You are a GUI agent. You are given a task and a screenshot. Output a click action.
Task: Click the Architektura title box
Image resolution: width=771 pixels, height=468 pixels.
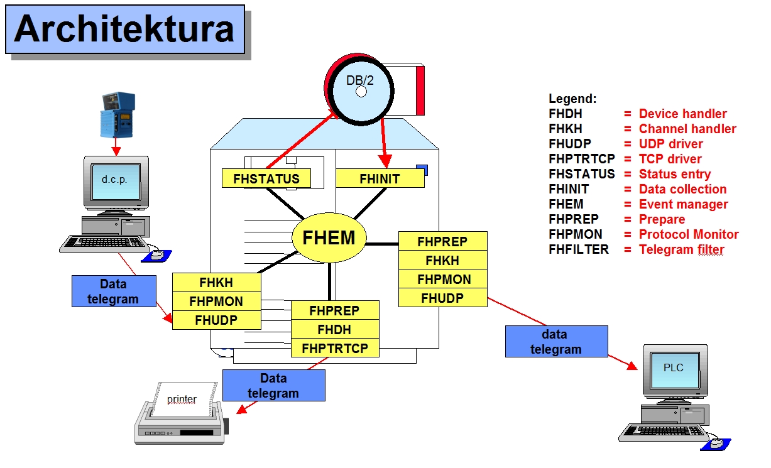[125, 30]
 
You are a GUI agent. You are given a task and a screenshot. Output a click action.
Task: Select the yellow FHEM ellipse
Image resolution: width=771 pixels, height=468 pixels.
[329, 237]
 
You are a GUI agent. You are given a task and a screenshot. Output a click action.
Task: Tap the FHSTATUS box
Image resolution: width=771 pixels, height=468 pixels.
[266, 178]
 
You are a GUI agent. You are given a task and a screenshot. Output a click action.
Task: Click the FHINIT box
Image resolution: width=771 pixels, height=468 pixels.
[380, 178]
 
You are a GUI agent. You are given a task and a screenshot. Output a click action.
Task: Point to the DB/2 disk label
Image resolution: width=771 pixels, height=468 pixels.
[359, 80]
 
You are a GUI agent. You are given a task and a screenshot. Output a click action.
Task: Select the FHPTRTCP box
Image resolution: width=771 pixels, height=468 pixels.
[336, 348]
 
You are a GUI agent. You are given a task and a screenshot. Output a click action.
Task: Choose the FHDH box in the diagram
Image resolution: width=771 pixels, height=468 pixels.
[336, 329]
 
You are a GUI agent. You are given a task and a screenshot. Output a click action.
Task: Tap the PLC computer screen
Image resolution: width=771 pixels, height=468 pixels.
[675, 370]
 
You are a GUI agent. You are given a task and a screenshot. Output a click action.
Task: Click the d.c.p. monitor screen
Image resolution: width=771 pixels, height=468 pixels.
[116, 182]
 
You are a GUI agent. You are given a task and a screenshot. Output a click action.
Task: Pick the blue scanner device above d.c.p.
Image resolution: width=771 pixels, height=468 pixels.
[118, 114]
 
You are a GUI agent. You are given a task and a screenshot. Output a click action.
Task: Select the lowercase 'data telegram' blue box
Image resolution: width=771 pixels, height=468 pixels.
[557, 341]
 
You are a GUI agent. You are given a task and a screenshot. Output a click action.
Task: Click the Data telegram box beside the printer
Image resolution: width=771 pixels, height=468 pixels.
[274, 386]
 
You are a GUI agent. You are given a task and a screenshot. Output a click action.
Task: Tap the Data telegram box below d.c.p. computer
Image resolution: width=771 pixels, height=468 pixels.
[114, 291]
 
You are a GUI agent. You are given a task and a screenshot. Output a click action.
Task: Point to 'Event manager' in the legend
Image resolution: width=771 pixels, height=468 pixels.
[683, 204]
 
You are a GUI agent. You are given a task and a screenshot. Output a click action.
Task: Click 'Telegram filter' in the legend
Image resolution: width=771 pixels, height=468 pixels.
[682, 249]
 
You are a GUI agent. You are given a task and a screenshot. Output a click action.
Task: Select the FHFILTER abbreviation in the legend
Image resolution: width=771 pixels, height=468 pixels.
[579, 249]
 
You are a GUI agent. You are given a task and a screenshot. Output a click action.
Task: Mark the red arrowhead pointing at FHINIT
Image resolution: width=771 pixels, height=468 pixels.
[386, 161]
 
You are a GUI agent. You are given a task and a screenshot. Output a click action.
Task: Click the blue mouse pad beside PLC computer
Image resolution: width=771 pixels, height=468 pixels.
[716, 444]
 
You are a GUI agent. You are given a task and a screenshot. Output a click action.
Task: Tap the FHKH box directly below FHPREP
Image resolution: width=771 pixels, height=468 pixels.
[443, 260]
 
